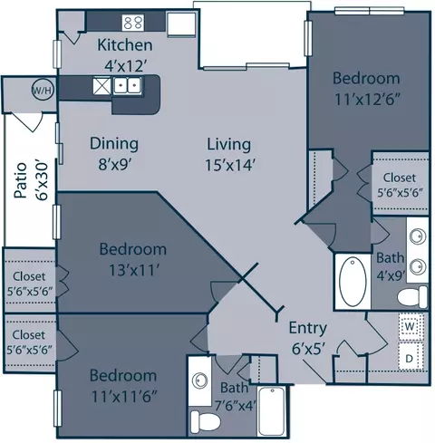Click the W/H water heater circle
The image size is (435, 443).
coord(43,90)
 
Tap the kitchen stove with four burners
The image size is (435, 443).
coord(133,23)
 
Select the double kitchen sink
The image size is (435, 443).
coord(127,85)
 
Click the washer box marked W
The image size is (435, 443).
coord(410,327)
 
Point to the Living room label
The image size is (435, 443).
coord(228,144)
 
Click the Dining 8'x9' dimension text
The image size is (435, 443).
coord(114,165)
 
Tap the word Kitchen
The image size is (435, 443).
coord(125,45)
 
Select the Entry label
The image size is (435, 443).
coord(308,328)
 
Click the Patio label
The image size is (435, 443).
coord(21,180)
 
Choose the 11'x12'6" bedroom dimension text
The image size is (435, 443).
coord(367,100)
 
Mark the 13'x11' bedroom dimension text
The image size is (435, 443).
coord(134,270)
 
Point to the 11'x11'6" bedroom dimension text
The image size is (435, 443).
coord(124,397)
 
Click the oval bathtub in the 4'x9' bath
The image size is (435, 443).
coord(353,282)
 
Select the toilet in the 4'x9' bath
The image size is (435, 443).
coord(412,297)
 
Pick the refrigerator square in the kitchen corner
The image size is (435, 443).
coord(181,24)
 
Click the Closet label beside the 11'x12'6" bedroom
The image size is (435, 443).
coord(400,178)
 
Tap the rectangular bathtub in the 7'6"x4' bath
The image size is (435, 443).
coord(272,411)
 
